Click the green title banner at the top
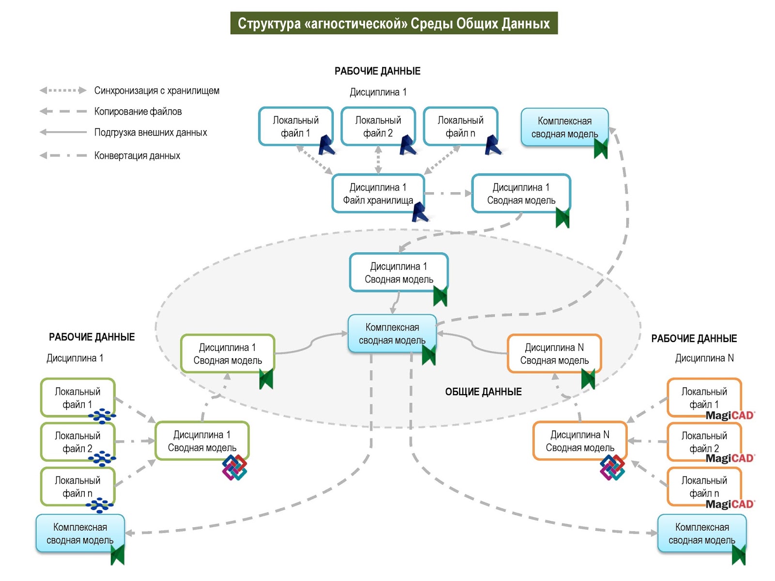[x=394, y=23]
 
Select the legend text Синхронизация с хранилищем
[x=156, y=91]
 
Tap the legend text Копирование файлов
[x=138, y=111]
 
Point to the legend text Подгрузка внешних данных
[x=151, y=132]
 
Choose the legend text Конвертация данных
[x=137, y=155]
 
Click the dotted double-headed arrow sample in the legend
[x=63, y=91]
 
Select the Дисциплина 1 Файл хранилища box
[x=378, y=193]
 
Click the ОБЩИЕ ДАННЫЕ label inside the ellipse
[x=483, y=392]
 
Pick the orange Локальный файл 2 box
[x=704, y=442]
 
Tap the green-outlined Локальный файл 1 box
[x=77, y=398]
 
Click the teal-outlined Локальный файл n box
[x=460, y=126]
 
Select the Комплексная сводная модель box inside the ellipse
[x=392, y=334]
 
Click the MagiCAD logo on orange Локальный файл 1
[x=730, y=415]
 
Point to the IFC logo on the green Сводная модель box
[x=234, y=468]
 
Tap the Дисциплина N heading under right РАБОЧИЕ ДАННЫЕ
[x=704, y=358]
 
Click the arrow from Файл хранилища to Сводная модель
[x=448, y=193]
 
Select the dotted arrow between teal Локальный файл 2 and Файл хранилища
[x=378, y=159]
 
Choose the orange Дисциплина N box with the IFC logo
[x=579, y=441]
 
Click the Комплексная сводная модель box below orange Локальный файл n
[x=701, y=533]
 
